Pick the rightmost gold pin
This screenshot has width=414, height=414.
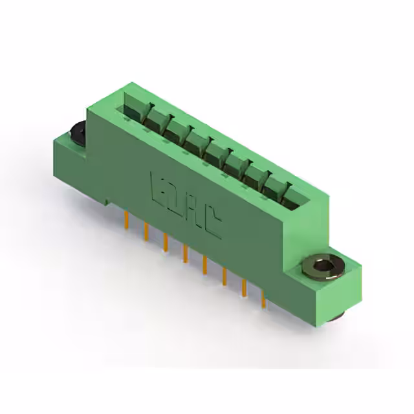(x=263, y=298)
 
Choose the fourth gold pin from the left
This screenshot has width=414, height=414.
(x=185, y=253)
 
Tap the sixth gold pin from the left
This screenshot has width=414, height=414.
(x=224, y=276)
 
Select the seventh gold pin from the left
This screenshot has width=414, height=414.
(x=244, y=286)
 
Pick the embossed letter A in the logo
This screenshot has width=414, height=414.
(x=194, y=211)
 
